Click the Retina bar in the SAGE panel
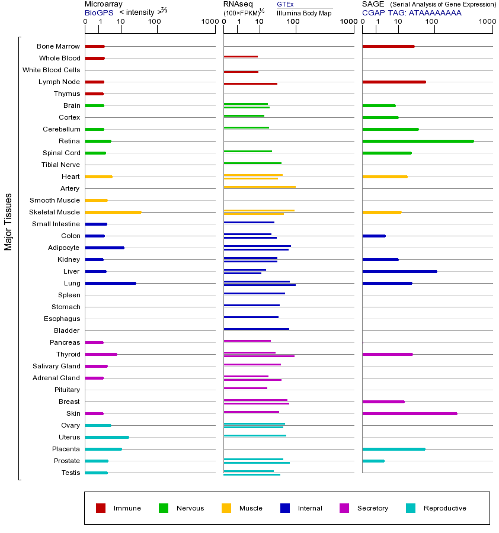[x=418, y=141]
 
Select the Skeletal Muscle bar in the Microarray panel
[x=113, y=212]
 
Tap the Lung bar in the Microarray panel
[x=110, y=283]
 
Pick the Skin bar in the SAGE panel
[x=410, y=413]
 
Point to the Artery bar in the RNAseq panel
[x=259, y=187]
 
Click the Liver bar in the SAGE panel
[x=399, y=271]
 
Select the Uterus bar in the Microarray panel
[x=107, y=437]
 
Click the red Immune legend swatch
[x=101, y=508]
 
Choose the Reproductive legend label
[x=444, y=508]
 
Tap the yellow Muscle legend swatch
[x=226, y=508]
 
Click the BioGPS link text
[x=98, y=12]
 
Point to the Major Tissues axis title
[x=8, y=221]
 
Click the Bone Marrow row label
[x=58, y=46]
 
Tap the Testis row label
[x=71, y=473]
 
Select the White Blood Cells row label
[x=51, y=70]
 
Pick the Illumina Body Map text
[x=304, y=13]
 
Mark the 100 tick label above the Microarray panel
[x=155, y=22]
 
